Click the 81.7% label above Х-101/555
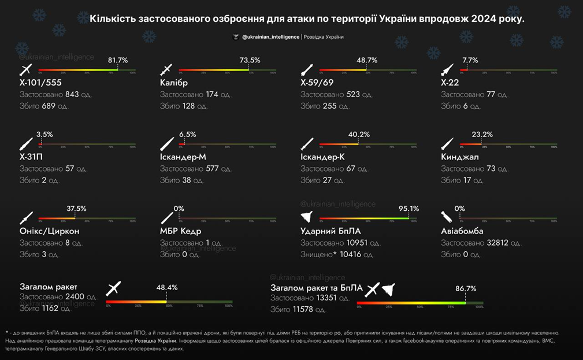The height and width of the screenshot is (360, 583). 118,60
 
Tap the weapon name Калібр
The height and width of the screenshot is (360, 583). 174,83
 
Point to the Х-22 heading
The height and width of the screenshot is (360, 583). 451,83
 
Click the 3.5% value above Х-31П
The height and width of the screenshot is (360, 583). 44,134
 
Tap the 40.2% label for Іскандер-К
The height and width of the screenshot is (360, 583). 359,134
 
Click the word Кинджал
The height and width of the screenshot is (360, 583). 460,157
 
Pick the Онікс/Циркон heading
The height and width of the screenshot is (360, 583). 50,231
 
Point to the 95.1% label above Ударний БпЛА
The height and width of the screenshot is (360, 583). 409,209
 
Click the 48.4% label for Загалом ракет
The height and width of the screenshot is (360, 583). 167,287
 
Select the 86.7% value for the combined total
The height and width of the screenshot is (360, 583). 466,288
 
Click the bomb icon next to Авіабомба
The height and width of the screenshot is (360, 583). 447,217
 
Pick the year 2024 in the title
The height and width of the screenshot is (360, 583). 487,19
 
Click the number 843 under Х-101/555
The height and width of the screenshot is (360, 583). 72,95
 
